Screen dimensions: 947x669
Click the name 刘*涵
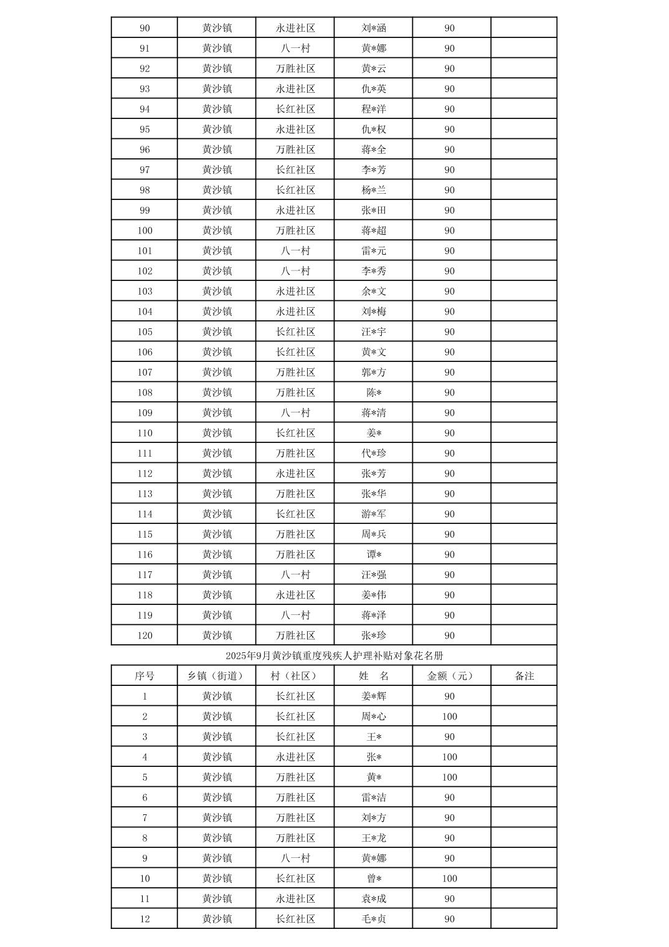pyautogui.click(x=374, y=28)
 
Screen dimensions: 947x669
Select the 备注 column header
pyautogui.click(x=524, y=676)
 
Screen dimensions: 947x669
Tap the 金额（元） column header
pyautogui.click(x=450, y=676)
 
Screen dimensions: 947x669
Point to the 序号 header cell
pyautogui.click(x=145, y=676)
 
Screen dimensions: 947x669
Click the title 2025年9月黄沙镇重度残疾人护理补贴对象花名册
pyautogui.click(x=334, y=655)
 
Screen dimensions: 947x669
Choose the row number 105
pyautogui.click(x=145, y=332)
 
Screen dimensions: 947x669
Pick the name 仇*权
pyautogui.click(x=374, y=130)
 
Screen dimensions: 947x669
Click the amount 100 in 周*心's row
pyautogui.click(x=450, y=716)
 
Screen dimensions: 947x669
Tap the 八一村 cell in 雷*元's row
pyautogui.click(x=295, y=251)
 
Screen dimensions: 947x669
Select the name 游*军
pyautogui.click(x=374, y=514)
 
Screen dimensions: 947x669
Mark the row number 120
pyautogui.click(x=145, y=635)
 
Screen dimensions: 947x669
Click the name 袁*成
pyautogui.click(x=374, y=898)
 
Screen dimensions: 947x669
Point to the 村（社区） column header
pyautogui.click(x=295, y=676)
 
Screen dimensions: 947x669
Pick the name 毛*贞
pyautogui.click(x=374, y=919)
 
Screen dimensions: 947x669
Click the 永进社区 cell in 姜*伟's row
pyautogui.click(x=295, y=595)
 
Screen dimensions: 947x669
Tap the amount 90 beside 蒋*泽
pyautogui.click(x=450, y=616)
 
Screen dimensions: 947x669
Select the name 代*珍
pyautogui.click(x=374, y=454)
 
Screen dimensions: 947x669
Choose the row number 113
pyautogui.click(x=145, y=494)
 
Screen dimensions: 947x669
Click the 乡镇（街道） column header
pyautogui.click(x=217, y=676)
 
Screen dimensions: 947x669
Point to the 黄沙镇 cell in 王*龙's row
pyautogui.click(x=217, y=838)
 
